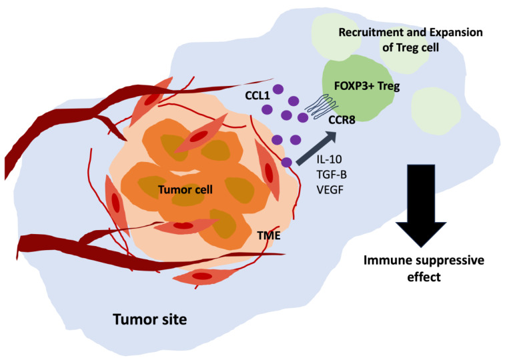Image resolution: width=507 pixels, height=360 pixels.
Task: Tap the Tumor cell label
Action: pos(185,189)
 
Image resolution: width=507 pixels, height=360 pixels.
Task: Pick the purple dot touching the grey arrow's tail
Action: pos(287,162)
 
